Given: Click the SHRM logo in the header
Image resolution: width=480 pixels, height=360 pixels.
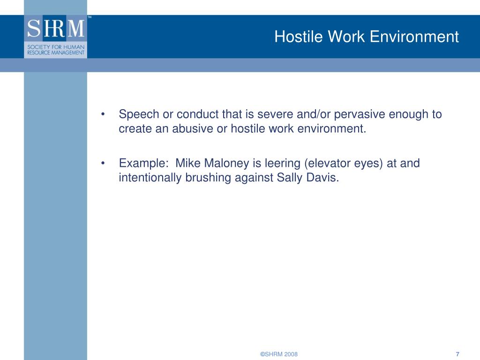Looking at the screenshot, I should coord(55,37).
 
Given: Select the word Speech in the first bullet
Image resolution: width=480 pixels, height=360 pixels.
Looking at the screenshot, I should coord(139,114).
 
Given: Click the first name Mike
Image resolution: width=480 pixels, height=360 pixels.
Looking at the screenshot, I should coord(187,164).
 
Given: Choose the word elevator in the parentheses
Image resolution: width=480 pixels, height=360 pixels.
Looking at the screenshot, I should coord(325,164).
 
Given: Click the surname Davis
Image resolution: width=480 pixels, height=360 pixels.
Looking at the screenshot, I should coord(322,178).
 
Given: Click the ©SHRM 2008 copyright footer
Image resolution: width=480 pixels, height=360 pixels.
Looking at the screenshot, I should coord(279,354).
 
